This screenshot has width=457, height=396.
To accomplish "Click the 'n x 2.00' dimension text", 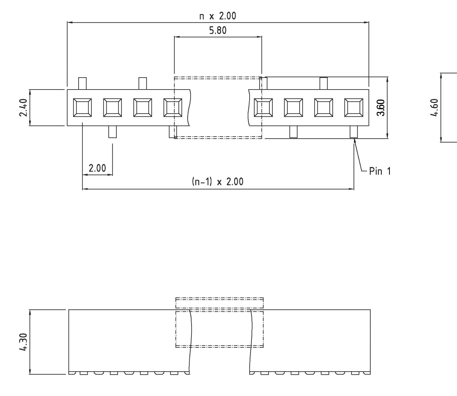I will click(x=218, y=16).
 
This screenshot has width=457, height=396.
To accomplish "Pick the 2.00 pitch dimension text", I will click(x=97, y=168).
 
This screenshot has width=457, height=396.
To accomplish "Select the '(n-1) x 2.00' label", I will click(x=218, y=182).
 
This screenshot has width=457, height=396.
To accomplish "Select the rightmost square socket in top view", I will click(x=354, y=107).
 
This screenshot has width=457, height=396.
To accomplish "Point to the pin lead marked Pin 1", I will click(x=354, y=132).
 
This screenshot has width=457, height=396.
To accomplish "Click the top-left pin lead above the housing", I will click(x=83, y=83).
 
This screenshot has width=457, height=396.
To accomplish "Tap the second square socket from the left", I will click(x=112, y=107).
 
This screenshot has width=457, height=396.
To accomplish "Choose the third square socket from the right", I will click(x=293, y=107).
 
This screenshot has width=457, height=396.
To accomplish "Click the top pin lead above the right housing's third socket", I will click(x=324, y=83).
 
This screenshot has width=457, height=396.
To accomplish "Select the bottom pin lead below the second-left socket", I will click(x=112, y=132).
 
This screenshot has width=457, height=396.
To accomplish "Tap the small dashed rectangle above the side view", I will click(x=220, y=303).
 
